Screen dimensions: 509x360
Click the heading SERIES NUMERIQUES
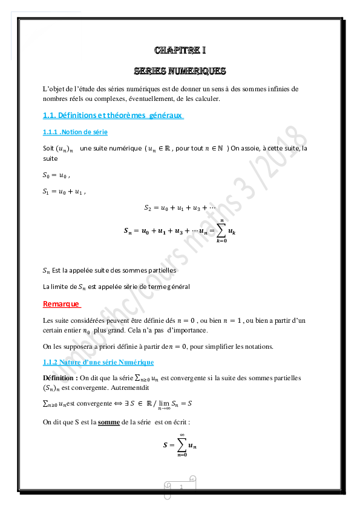pyautogui.click(x=180, y=71)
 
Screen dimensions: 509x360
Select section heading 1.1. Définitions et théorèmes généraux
pyautogui.click(x=113, y=115)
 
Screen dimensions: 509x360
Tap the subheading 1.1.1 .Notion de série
pyautogui.click(x=75, y=132)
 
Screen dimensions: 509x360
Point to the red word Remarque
pyautogui.click(x=62, y=303)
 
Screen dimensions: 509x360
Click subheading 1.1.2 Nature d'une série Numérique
pyautogui.click(x=98, y=362)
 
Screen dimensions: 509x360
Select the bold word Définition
pyautogui.click(x=60, y=378)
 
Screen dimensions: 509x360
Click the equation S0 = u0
pyautogui.click(x=57, y=176)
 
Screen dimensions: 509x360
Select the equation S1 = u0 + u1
pyautogui.click(x=64, y=192)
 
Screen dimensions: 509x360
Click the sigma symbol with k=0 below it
pyautogui.click(x=221, y=230)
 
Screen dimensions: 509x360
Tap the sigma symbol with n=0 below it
pyautogui.click(x=182, y=446)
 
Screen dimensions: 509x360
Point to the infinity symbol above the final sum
pyautogui.click(x=182, y=435)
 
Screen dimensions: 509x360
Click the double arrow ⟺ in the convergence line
pyautogui.click(x=104, y=403)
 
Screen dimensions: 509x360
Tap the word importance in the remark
pyautogui.click(x=188, y=331)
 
